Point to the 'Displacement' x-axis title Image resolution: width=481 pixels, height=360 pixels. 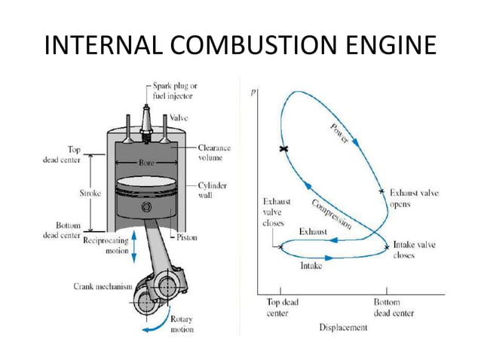click(x=343, y=328)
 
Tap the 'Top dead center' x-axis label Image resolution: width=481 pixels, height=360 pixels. click(x=281, y=307)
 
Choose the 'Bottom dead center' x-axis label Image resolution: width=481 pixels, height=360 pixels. click(x=392, y=307)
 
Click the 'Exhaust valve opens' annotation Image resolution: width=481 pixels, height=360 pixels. click(x=414, y=199)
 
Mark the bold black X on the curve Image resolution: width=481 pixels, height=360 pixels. click(x=283, y=150)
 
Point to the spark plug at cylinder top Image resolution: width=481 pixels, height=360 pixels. click(x=149, y=113)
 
